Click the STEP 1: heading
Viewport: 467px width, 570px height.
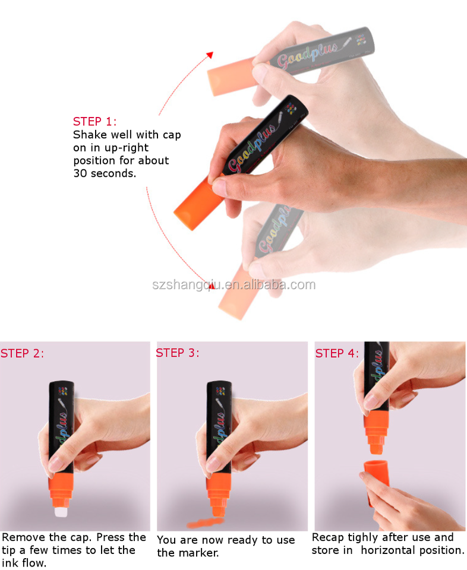[94, 121]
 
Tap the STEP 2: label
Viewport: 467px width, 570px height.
[22, 353]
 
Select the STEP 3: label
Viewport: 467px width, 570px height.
[178, 353]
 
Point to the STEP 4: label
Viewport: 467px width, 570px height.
[337, 353]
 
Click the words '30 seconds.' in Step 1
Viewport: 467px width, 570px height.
[105, 173]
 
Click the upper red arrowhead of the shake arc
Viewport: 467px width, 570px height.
[210, 55]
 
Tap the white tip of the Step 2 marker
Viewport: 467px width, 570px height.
[61, 512]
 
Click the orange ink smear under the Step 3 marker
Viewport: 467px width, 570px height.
[205, 523]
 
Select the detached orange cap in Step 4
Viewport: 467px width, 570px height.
[377, 480]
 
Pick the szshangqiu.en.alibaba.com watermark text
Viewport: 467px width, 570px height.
[233, 284]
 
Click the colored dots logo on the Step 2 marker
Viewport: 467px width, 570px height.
[63, 391]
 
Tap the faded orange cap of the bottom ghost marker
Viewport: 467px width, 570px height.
[236, 295]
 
